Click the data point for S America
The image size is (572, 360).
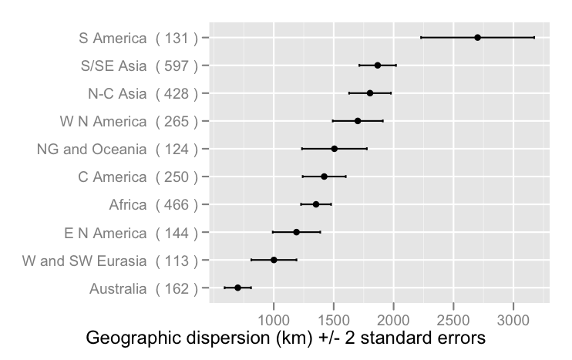point(477,37)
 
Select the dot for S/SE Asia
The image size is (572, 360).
point(377,66)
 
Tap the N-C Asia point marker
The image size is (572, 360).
point(370,93)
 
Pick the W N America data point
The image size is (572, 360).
point(358,121)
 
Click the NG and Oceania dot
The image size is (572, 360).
point(334,148)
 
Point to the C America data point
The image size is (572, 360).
point(324,177)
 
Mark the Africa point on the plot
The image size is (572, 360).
point(316,204)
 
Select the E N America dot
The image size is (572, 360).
point(296,232)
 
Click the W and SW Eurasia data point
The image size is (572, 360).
point(274,260)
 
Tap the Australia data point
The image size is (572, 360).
point(237,288)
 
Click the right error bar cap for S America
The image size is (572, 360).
point(534,37)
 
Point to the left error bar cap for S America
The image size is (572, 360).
point(421,37)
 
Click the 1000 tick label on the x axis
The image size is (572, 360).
point(274,319)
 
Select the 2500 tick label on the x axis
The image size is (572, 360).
point(454,319)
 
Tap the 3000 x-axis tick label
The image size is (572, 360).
point(514,319)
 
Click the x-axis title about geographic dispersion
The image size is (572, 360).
point(284,339)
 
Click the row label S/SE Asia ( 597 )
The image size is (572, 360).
point(139,66)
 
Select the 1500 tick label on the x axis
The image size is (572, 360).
point(334,319)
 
